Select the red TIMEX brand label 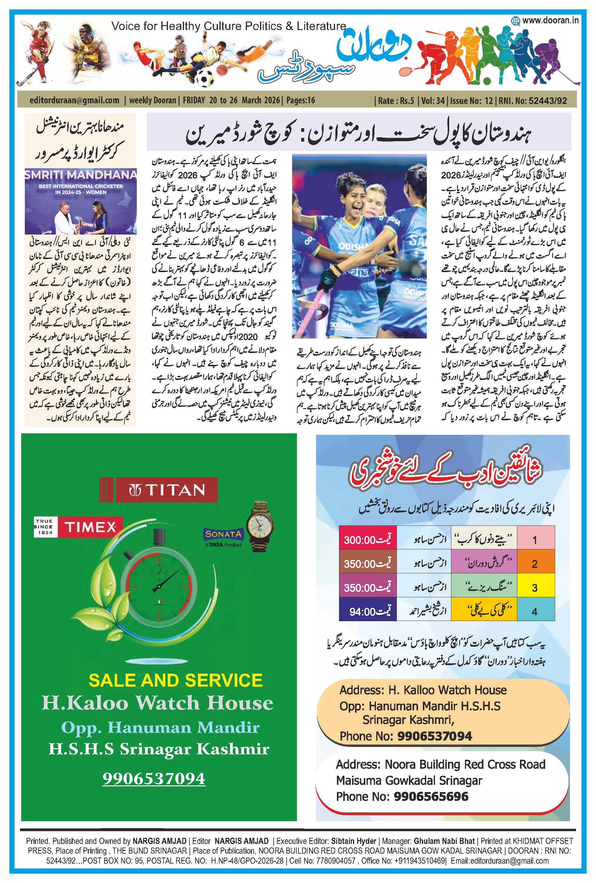pos(90,527)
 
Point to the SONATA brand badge pos(223,534)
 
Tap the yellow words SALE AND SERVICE pos(175,680)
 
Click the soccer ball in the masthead pos(205,78)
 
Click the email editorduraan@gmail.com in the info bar pos(74,101)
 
